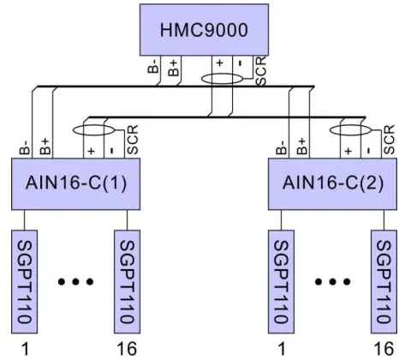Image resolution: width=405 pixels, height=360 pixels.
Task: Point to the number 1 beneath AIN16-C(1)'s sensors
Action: pos(23,348)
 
